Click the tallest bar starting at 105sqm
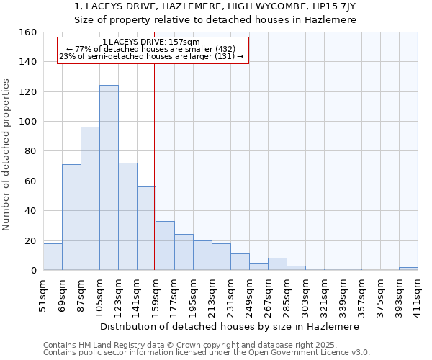click(109, 178)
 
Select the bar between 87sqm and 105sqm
click(90, 199)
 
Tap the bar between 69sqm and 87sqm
click(71, 217)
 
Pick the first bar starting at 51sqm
click(53, 257)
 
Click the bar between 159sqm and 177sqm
click(165, 246)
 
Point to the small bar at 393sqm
click(408, 269)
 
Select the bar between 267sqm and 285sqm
click(277, 264)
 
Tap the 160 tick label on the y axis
click(28, 32)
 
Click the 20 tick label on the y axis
click(31, 240)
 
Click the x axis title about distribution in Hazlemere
click(229, 326)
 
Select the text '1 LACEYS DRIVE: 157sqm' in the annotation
click(151, 42)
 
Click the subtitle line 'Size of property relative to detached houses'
click(215, 20)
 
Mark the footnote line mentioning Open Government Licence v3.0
click(207, 352)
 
